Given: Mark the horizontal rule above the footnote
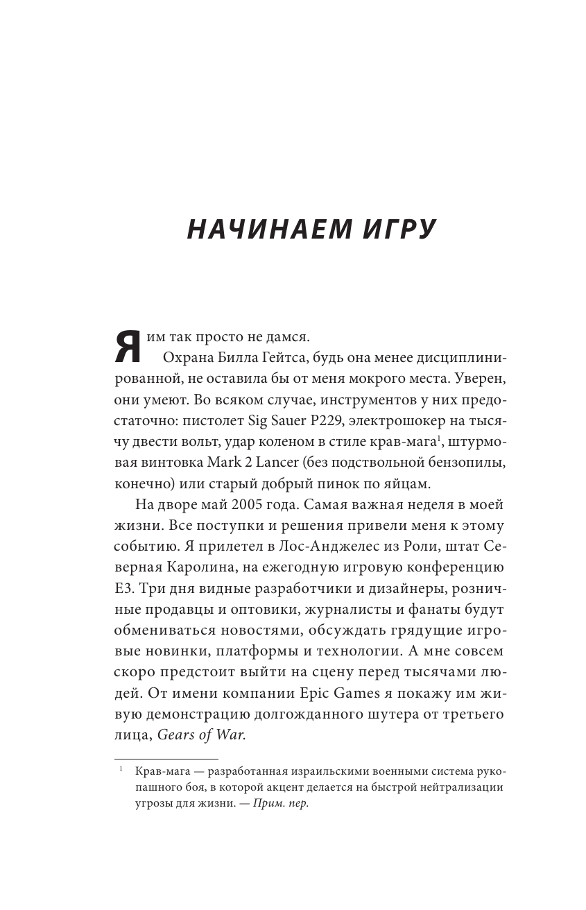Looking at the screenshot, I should point(166,759).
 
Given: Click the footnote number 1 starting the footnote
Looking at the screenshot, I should point(120,771).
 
